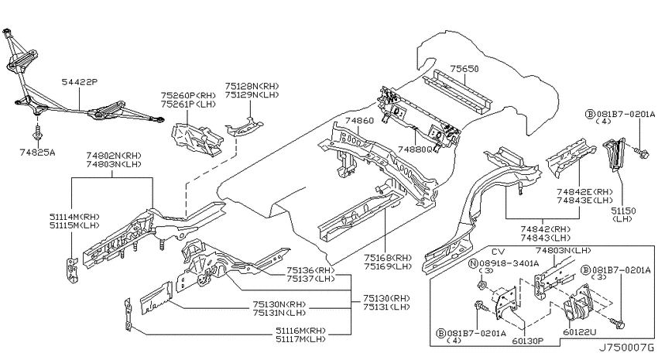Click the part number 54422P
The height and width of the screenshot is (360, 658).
click(x=80, y=82)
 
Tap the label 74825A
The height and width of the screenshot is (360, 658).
click(x=37, y=153)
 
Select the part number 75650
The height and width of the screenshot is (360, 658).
click(x=464, y=68)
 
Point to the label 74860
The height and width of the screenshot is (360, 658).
click(x=359, y=121)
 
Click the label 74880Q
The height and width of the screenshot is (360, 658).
click(x=415, y=149)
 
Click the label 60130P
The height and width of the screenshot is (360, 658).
click(x=527, y=341)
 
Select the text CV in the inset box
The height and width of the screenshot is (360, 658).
click(x=498, y=252)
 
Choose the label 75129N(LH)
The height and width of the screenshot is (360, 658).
click(x=252, y=94)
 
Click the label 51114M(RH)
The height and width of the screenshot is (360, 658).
click(x=74, y=217)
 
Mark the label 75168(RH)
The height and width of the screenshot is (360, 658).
click(x=388, y=257)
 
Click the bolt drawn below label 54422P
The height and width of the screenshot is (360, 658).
click(x=37, y=133)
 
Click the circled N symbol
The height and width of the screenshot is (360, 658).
click(x=473, y=263)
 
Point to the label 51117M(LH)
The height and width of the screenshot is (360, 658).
click(x=300, y=338)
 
